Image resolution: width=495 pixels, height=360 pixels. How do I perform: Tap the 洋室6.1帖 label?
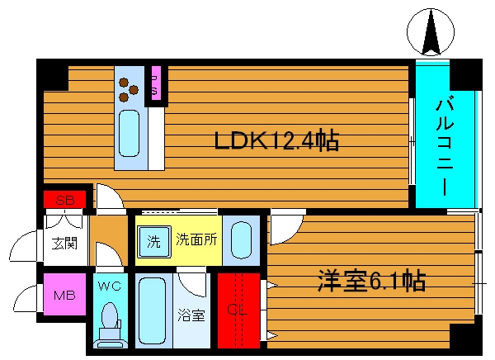[371, 282]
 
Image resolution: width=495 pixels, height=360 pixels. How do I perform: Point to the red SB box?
[65, 200]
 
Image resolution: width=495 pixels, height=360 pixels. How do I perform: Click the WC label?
[109, 287]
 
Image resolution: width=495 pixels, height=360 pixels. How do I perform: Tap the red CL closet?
[238, 312]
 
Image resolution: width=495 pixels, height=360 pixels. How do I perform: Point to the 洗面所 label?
[196, 240]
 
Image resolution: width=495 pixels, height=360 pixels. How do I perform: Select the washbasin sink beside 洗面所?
[240, 240]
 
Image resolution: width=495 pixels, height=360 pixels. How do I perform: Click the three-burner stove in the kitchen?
[129, 88]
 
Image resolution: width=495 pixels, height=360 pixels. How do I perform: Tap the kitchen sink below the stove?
[129, 132]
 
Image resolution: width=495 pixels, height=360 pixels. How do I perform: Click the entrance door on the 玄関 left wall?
[25, 245]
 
